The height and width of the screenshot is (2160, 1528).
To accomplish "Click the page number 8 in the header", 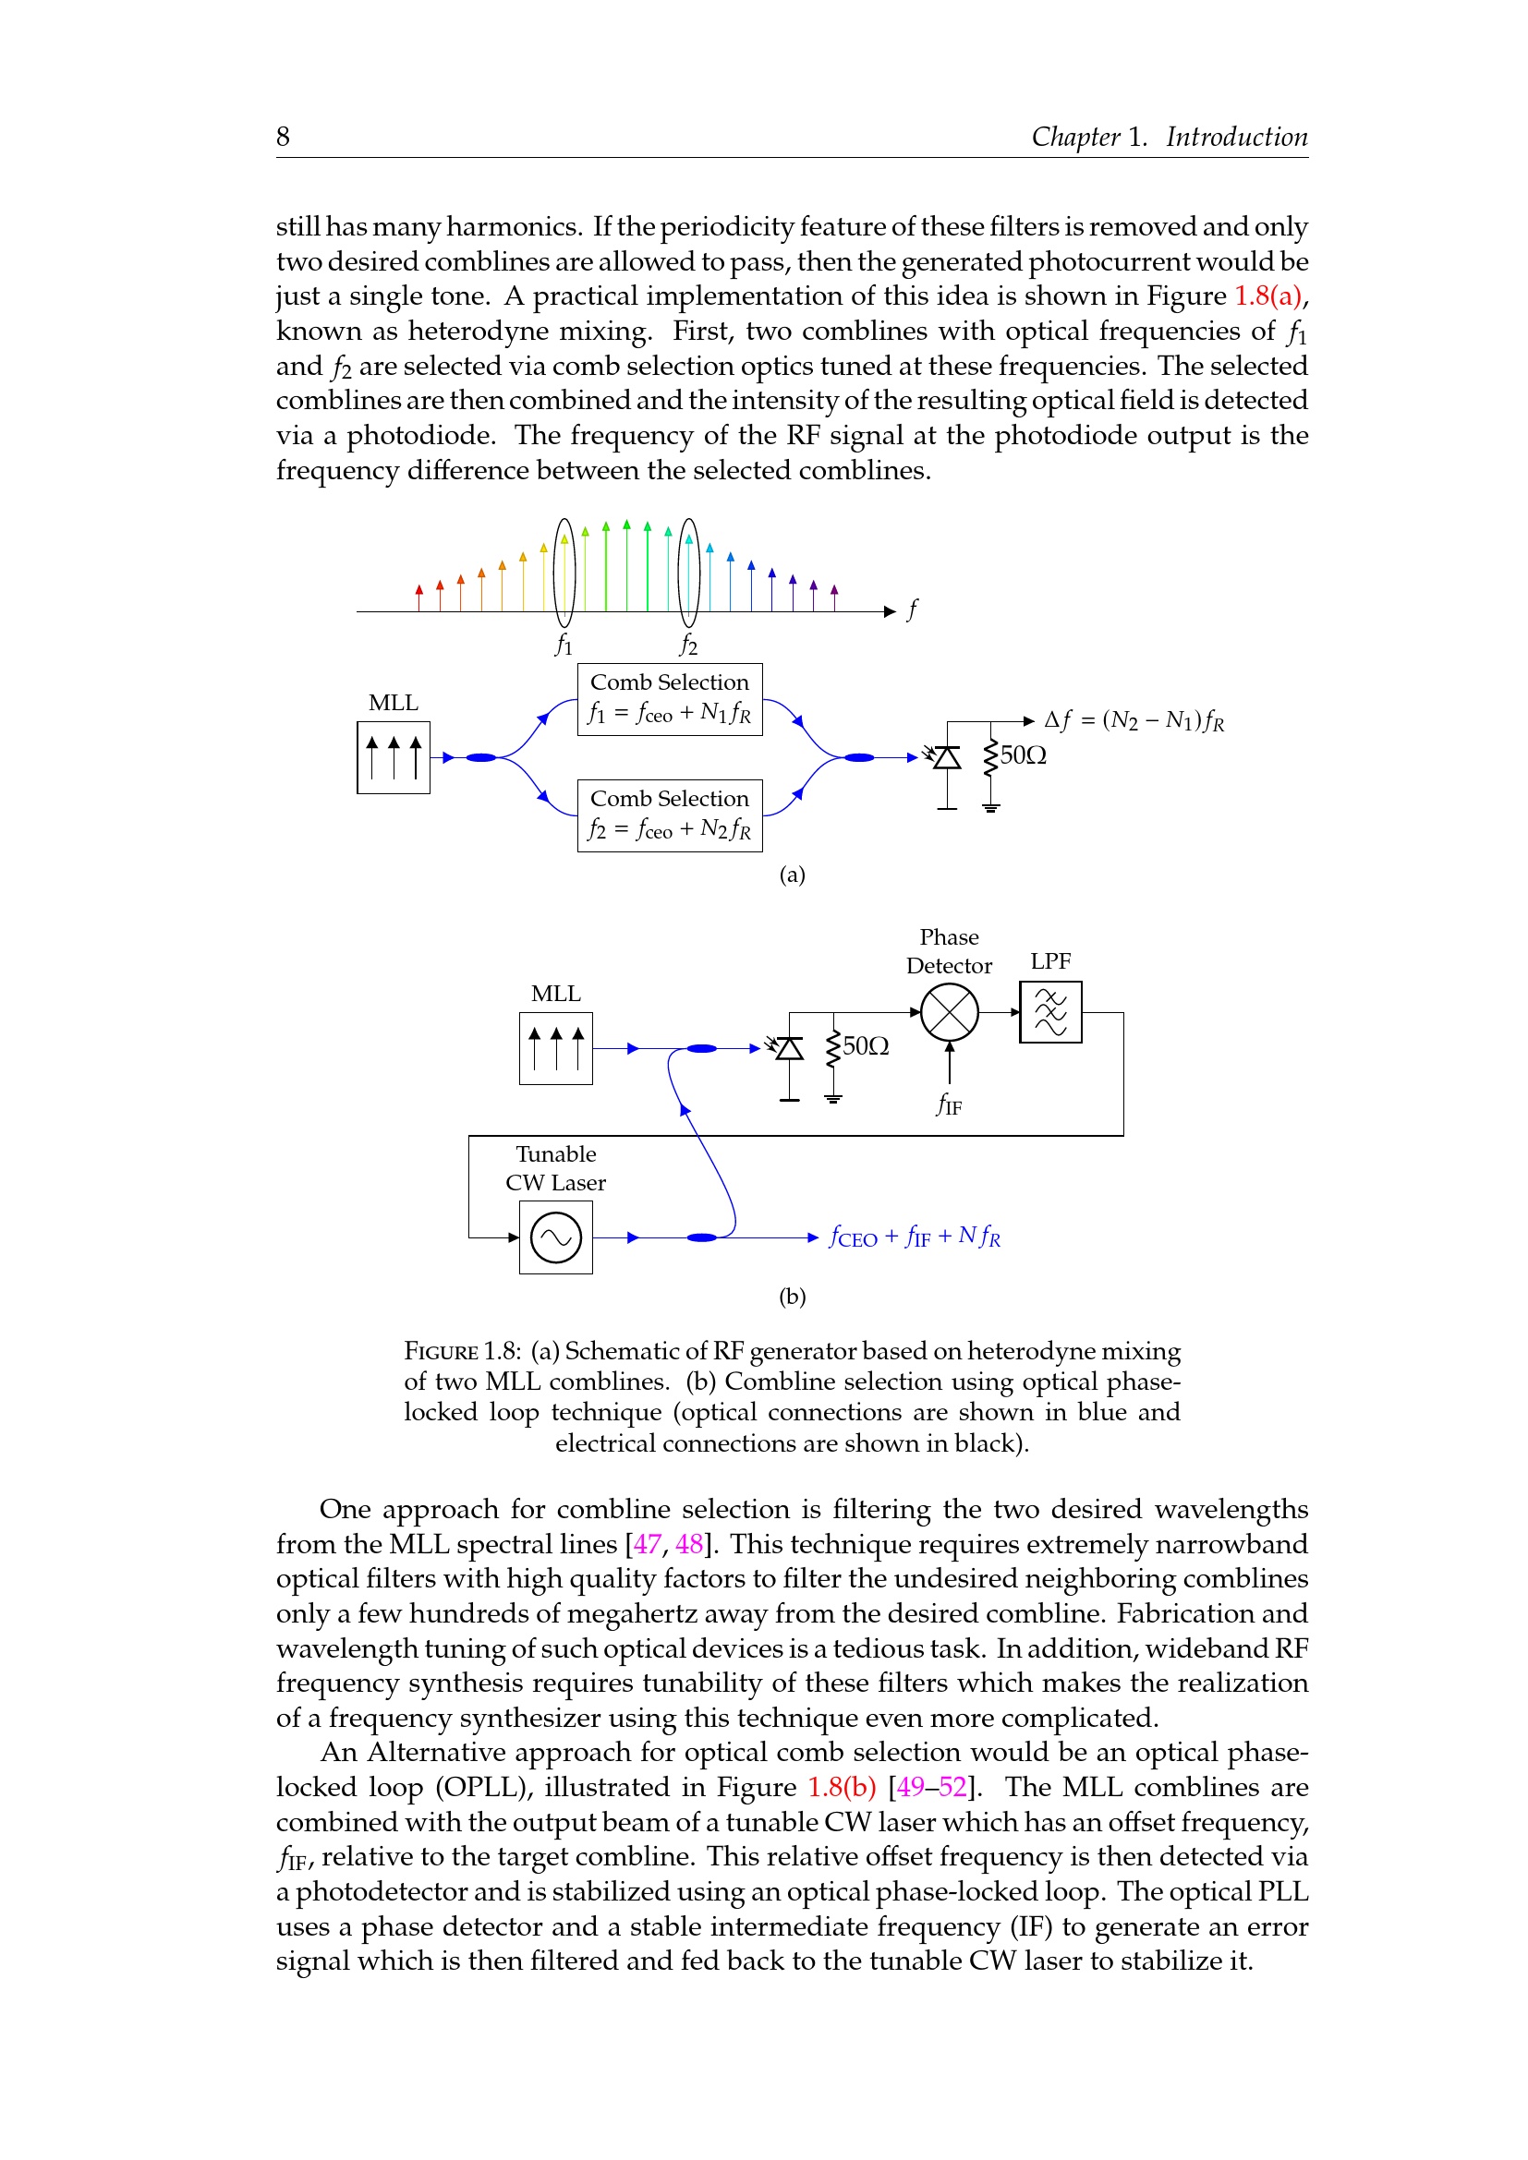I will pyautogui.click(x=283, y=138).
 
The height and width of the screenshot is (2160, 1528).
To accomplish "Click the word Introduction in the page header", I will pyautogui.click(x=1236, y=138).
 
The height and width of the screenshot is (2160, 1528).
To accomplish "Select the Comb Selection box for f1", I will pyautogui.click(x=669, y=699).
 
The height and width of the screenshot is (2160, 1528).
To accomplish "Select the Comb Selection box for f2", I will pyautogui.click(x=669, y=815).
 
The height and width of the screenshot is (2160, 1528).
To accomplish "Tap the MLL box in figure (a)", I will pyautogui.click(x=394, y=757).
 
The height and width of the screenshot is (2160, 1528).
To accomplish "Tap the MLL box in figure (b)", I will pyautogui.click(x=555, y=1048).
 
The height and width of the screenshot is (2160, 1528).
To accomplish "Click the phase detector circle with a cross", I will pyautogui.click(x=950, y=1012).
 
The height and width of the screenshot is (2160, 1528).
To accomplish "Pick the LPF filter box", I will pyautogui.click(x=1050, y=1012).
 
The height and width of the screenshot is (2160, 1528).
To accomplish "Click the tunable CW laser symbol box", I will pyautogui.click(x=555, y=1238).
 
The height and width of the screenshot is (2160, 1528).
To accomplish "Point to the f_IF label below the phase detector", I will pyautogui.click(x=949, y=1104).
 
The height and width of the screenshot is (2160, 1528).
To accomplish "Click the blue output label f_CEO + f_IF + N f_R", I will pyautogui.click(x=915, y=1237).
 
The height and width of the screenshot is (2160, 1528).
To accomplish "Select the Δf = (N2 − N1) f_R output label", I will pyautogui.click(x=1134, y=720).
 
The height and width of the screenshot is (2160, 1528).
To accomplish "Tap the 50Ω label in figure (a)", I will pyautogui.click(x=1023, y=755).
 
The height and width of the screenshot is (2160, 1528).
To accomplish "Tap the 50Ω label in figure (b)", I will pyautogui.click(x=866, y=1046).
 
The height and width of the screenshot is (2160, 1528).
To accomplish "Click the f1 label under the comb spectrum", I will pyautogui.click(x=564, y=645).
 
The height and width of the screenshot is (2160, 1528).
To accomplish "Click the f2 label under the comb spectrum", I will pyautogui.click(x=689, y=645).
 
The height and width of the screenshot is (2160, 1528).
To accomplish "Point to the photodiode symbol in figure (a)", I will pyautogui.click(x=946, y=757).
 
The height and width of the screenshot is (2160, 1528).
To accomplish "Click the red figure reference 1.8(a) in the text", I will pyautogui.click(x=1267, y=296).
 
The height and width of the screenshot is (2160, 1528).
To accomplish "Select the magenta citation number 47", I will pyautogui.click(x=647, y=1544).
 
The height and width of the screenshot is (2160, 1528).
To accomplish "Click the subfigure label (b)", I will pyautogui.click(x=792, y=1297).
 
